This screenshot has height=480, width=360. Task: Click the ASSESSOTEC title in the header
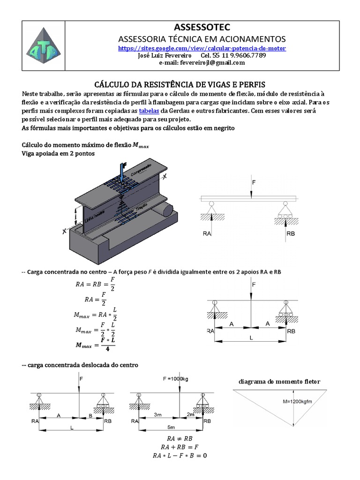[x=202, y=27]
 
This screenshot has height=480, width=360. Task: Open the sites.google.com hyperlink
[x=202, y=48]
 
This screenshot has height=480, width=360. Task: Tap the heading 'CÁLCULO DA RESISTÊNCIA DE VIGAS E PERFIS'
[x=180, y=84]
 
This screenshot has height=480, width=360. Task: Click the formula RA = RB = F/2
[x=95, y=284]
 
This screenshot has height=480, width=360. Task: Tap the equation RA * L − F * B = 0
[x=180, y=455]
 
